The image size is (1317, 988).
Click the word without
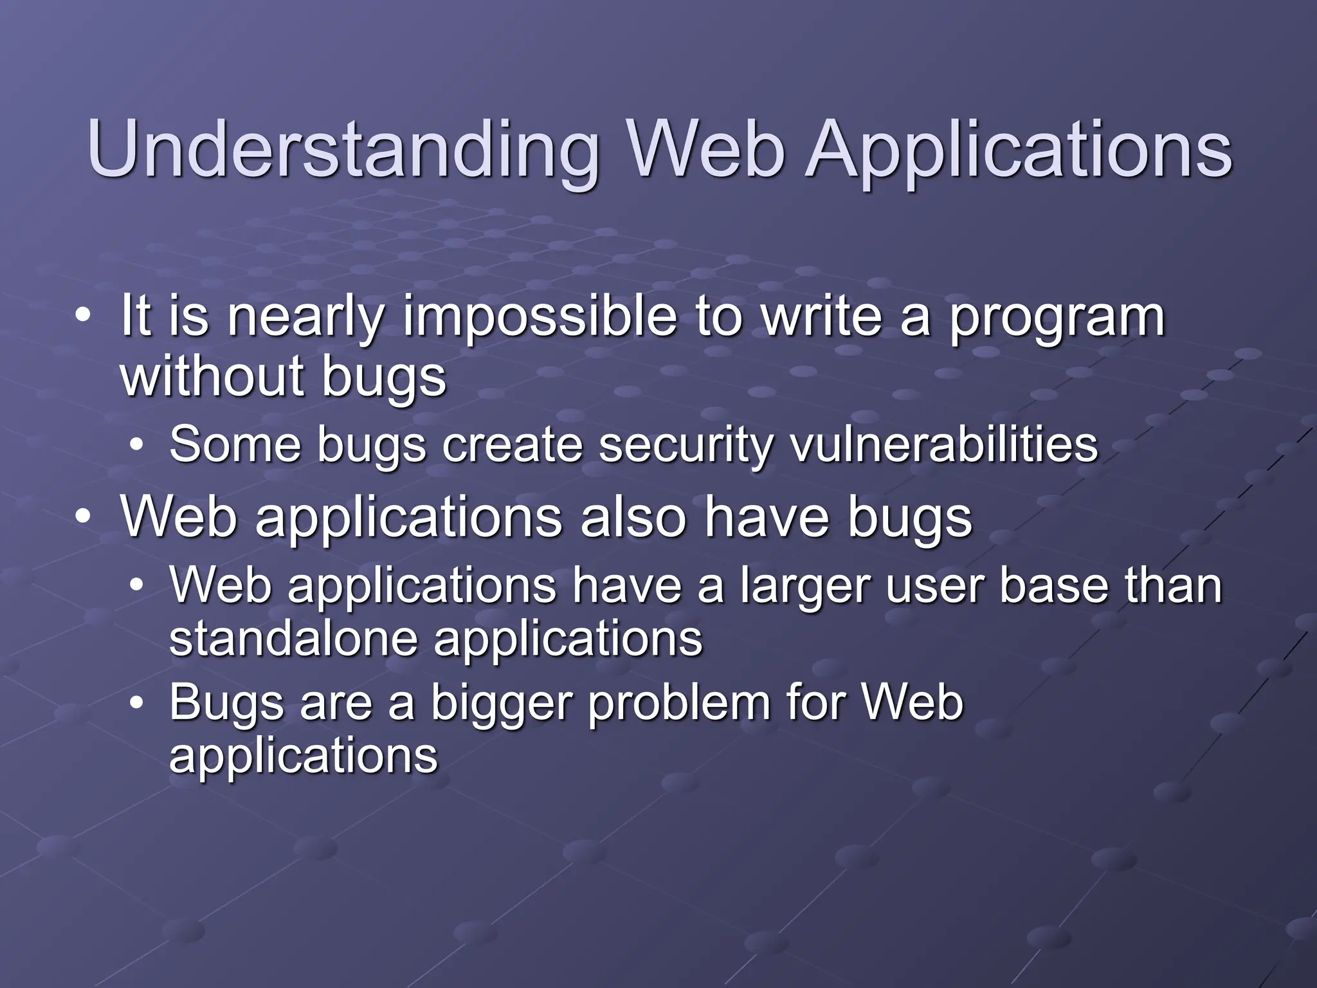click(212, 376)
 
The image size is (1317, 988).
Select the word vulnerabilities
click(944, 445)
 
